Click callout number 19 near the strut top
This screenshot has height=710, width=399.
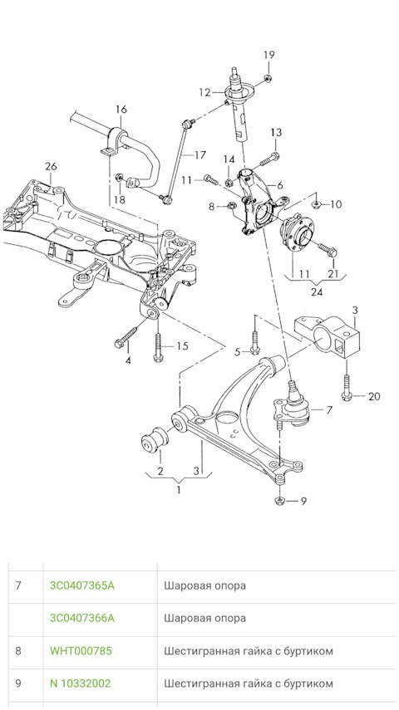[x=268, y=55]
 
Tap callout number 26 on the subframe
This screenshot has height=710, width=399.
[x=51, y=167]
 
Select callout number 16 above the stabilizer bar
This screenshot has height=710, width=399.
[x=121, y=110]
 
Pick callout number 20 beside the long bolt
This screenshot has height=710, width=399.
[x=373, y=396]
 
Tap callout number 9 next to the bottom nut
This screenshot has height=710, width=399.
[x=303, y=501]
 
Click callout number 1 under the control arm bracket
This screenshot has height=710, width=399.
[x=177, y=490]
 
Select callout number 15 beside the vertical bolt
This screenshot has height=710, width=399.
[x=182, y=345]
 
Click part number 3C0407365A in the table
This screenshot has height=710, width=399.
[x=82, y=585]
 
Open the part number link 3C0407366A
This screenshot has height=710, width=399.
[x=82, y=618]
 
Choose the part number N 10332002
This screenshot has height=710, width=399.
[x=80, y=683]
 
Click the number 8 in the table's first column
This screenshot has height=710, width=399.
[x=19, y=651]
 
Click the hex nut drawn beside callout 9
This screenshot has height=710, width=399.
[x=280, y=501]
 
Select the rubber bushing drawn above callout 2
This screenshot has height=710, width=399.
[x=152, y=442]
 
